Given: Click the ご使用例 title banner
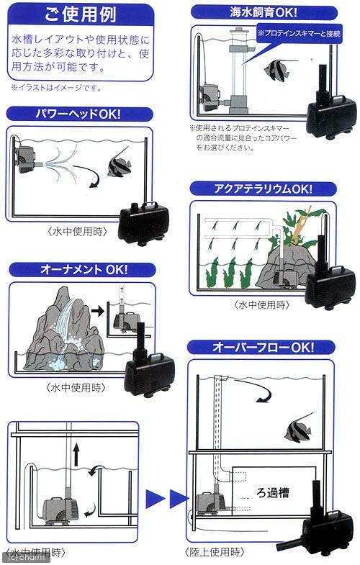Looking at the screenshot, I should point(81,14).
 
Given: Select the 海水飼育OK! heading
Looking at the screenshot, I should point(264,12).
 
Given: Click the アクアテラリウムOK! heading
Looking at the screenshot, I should point(262,189).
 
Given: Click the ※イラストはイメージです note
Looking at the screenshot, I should point(56,89).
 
